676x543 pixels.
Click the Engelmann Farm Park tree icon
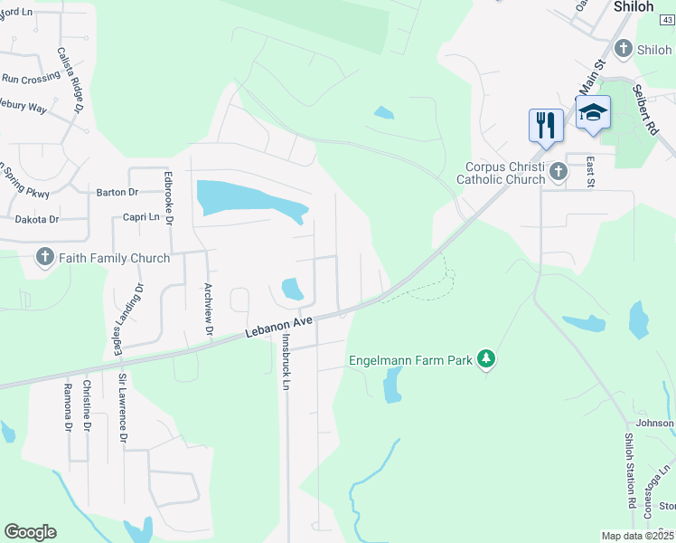click(x=486, y=359)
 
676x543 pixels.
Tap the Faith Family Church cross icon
click(x=44, y=258)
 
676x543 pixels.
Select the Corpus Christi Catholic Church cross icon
click(x=558, y=172)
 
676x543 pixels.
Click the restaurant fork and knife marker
click(x=546, y=124)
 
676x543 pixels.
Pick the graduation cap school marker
click(x=593, y=112)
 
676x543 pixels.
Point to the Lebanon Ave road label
click(x=279, y=328)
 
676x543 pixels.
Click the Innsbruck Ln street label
click(x=286, y=362)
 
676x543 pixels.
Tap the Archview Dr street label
click(x=208, y=309)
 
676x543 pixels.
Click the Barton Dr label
click(x=117, y=193)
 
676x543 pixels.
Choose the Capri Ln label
click(x=141, y=217)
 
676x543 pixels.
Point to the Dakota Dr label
click(x=36, y=219)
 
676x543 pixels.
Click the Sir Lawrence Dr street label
click(x=123, y=408)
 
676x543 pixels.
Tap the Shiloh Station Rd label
click(x=630, y=471)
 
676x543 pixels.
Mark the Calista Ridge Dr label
click(x=70, y=81)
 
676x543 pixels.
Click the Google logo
click(x=30, y=532)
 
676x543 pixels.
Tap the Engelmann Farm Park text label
click(x=411, y=360)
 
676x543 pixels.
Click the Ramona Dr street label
click(x=67, y=406)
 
